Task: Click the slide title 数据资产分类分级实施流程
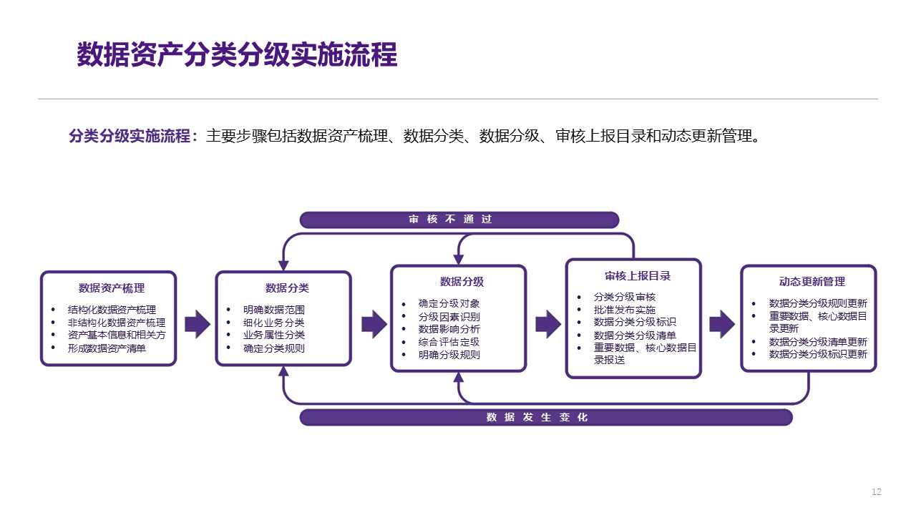(x=237, y=55)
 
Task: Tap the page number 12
(x=877, y=492)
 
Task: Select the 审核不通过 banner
(x=459, y=220)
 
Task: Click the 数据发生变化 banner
(x=545, y=417)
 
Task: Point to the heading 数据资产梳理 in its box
(x=112, y=288)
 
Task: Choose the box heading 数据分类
(x=287, y=288)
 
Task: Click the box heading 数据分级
(x=462, y=282)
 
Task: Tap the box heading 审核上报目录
(x=637, y=276)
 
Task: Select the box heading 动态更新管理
(x=812, y=282)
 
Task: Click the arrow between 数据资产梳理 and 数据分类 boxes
(x=197, y=324)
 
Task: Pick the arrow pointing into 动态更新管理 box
(x=721, y=324)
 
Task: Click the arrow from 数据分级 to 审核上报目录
(x=547, y=324)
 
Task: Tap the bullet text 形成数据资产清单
(x=107, y=348)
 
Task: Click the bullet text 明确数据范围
(x=273, y=310)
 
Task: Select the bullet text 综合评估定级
(x=449, y=342)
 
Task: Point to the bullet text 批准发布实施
(x=624, y=310)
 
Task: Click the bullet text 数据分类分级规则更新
(x=817, y=303)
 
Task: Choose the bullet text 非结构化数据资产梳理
(x=117, y=323)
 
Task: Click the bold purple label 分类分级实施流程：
(x=133, y=136)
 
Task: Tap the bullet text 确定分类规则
(x=273, y=348)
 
